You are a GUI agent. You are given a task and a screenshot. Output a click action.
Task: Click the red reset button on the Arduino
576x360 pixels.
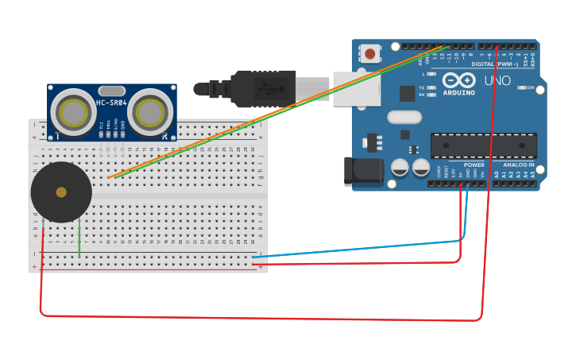370,54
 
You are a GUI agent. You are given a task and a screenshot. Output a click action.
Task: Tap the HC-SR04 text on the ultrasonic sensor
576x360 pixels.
112,103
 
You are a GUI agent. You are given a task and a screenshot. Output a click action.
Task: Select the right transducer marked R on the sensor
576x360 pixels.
151,113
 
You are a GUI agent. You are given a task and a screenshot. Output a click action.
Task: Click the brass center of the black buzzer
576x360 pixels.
61,192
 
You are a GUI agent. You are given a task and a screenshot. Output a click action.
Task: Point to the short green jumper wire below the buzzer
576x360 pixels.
79,242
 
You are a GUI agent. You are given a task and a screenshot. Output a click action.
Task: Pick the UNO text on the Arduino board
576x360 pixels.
497,81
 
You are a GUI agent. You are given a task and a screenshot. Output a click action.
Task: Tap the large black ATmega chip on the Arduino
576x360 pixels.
483,145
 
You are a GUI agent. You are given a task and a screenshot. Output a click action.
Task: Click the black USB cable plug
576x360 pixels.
262,88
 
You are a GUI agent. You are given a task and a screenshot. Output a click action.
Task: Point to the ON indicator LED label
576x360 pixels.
529,87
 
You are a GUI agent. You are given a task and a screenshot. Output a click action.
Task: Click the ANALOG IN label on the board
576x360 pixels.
519,165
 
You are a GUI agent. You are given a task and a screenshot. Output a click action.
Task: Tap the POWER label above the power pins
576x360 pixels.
474,165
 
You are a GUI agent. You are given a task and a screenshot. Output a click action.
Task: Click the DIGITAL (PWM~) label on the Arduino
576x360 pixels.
494,64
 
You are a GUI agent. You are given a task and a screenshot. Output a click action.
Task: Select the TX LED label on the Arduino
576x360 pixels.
422,87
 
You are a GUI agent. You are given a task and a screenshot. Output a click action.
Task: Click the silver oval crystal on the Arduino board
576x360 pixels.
404,118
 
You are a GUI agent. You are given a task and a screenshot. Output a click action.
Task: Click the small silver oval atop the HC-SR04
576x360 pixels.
112,91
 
